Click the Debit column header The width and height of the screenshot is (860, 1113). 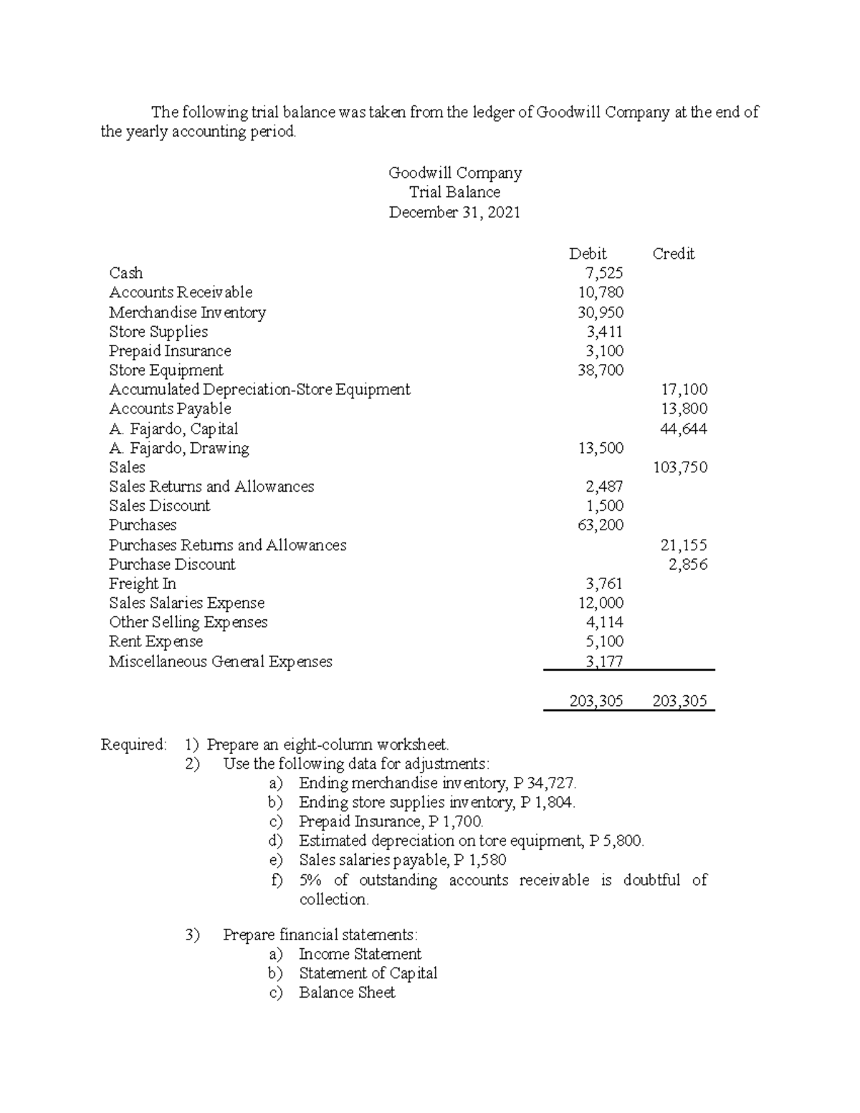(x=587, y=254)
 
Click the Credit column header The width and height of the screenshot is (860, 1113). (x=673, y=254)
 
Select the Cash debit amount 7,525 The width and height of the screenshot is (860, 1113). (x=604, y=273)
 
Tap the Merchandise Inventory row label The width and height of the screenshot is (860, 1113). (x=187, y=312)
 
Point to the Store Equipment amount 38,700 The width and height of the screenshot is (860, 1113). (x=601, y=371)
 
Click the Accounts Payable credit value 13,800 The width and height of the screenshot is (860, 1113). (x=684, y=409)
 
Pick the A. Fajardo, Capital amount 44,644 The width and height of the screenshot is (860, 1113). (x=684, y=429)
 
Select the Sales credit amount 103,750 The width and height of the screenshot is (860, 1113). (x=680, y=468)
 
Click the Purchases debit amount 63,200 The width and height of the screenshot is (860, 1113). (x=601, y=525)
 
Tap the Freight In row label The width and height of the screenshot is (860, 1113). (x=142, y=584)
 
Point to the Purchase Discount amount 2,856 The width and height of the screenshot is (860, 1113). (x=688, y=565)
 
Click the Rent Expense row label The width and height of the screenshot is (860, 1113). (x=156, y=642)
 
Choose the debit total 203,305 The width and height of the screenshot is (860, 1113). (x=596, y=701)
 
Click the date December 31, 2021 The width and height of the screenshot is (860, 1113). (x=454, y=213)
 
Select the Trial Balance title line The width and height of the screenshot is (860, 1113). (x=454, y=193)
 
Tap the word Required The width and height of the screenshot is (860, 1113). (x=133, y=745)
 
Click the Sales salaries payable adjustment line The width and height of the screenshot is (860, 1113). (x=402, y=860)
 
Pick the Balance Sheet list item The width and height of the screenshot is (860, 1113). (x=347, y=993)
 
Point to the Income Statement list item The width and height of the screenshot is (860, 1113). (x=360, y=955)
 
